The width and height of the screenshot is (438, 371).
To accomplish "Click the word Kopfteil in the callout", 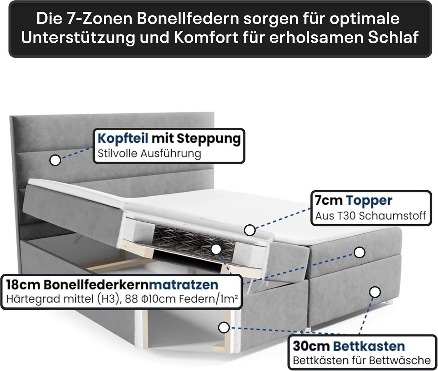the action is pyautogui.click(x=123, y=139).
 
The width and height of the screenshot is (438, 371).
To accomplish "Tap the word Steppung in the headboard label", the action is pyautogui.click(x=209, y=139).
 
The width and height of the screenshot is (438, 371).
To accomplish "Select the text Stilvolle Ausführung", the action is pyautogui.click(x=150, y=154).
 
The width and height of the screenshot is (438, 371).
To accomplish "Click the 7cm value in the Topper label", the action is pyautogui.click(x=329, y=201).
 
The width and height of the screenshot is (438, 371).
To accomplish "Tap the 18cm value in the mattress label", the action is pyautogui.click(x=23, y=285).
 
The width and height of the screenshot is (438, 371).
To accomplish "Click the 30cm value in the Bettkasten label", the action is pyautogui.click(x=311, y=346).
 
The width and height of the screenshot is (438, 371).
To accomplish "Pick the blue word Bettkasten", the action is pyautogui.click(x=369, y=346).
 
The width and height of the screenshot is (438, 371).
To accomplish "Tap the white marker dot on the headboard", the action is pyautogui.click(x=55, y=160).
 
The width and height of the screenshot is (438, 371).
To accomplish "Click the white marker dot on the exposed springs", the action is pyautogui.click(x=216, y=249).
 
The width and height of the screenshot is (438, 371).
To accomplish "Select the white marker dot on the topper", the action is pyautogui.click(x=250, y=230).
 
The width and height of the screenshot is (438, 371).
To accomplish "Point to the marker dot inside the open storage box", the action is pyautogui.click(x=224, y=327).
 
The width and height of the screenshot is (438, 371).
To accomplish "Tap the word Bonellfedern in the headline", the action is pyautogui.click(x=188, y=18).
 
